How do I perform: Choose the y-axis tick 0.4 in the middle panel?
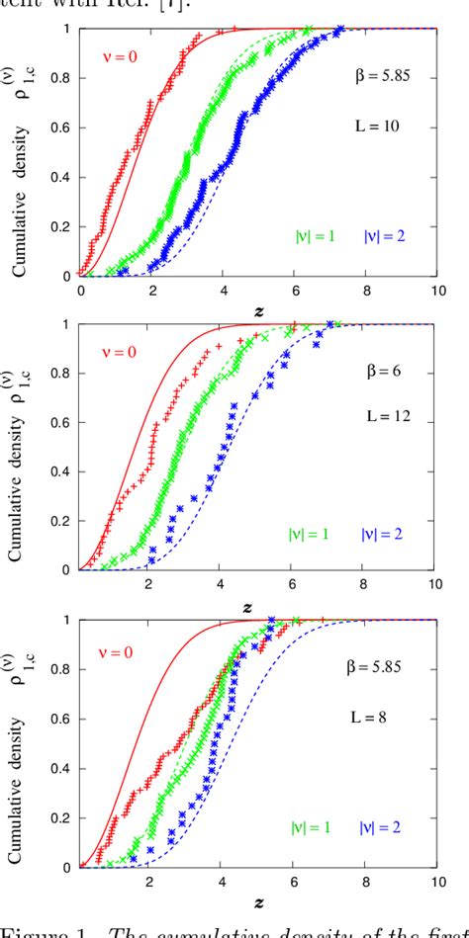click(x=60, y=472)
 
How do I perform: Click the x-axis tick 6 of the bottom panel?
click(x=293, y=883)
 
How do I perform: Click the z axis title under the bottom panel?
click(x=258, y=902)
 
